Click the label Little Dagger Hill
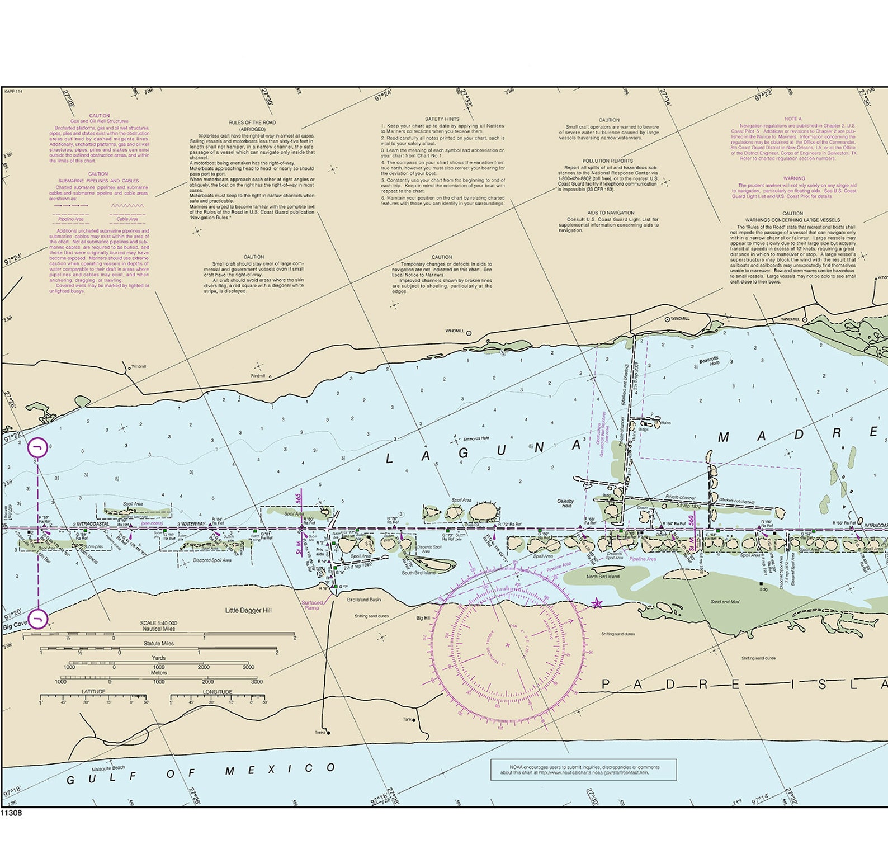click(248, 610)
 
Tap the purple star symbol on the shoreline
click(597, 603)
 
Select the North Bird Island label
click(603, 576)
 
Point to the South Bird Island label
click(418, 573)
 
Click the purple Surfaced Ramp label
click(312, 605)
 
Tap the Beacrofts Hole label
click(708, 361)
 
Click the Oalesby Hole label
click(565, 503)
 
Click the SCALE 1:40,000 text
click(159, 623)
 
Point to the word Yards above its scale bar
click(159, 658)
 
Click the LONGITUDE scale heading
click(218, 692)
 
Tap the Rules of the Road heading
click(252, 122)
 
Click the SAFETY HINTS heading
click(442, 119)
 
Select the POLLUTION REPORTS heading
click(608, 161)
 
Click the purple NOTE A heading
click(792, 119)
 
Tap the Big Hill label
click(423, 618)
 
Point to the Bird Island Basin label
click(363, 600)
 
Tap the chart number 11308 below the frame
click(11, 813)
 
